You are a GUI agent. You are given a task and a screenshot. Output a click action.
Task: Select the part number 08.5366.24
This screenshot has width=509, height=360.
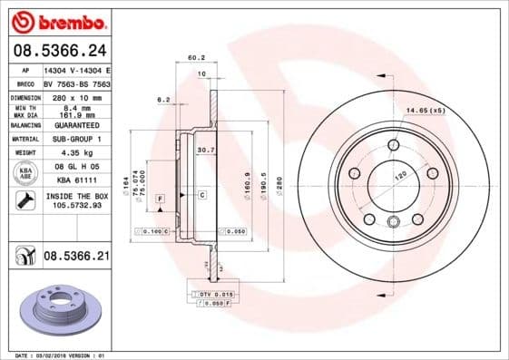(x=58, y=50)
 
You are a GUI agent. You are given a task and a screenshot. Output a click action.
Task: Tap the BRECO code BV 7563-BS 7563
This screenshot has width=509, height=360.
(x=76, y=82)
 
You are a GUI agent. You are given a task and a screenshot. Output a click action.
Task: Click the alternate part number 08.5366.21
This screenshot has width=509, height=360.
(x=76, y=258)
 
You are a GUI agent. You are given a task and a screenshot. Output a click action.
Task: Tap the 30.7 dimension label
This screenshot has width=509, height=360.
(x=205, y=150)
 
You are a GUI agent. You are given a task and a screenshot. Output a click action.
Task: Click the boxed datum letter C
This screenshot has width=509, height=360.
(x=201, y=195)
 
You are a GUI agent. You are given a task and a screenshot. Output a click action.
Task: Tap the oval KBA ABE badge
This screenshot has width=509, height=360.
(x=27, y=174)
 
